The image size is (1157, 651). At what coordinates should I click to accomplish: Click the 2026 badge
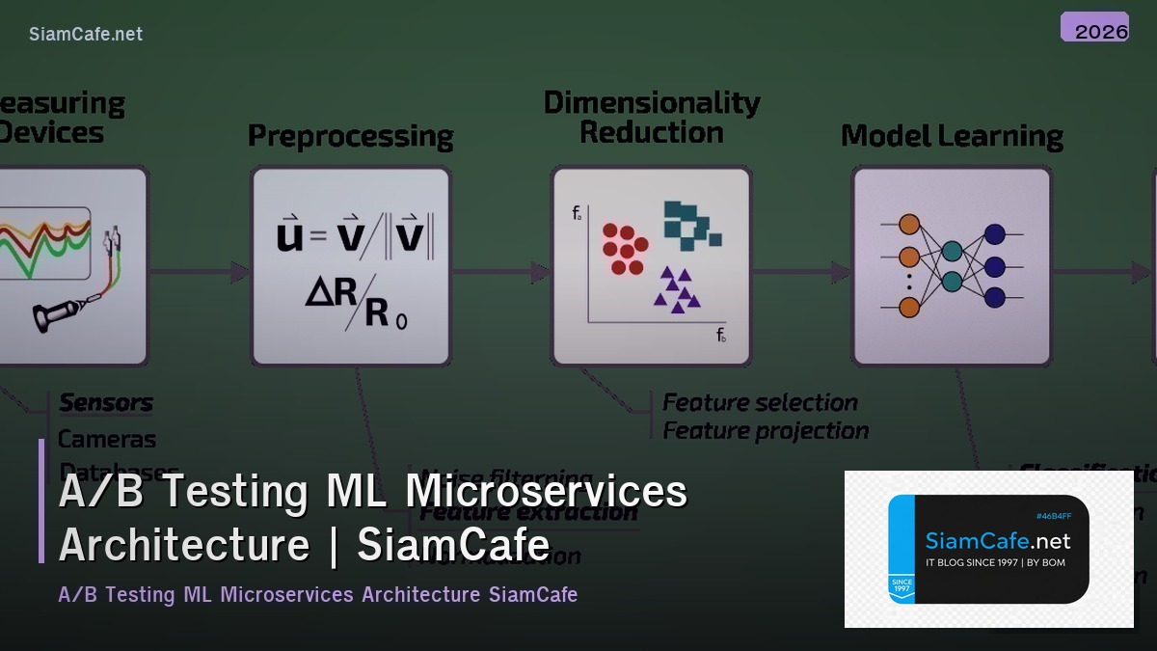tap(1094, 28)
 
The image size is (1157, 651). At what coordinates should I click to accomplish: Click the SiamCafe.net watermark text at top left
tap(86, 34)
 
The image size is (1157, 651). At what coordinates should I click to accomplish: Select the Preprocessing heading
tap(350, 136)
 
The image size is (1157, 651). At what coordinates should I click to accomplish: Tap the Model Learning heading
tap(952, 136)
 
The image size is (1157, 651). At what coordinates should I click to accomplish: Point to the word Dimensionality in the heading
tap(652, 102)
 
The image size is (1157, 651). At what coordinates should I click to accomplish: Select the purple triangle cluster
tap(677, 288)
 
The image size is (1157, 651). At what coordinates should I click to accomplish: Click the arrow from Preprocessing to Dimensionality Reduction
tap(500, 273)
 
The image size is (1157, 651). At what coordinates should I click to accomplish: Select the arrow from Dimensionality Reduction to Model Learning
tap(801, 273)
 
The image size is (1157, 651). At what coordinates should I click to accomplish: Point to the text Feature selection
tap(760, 402)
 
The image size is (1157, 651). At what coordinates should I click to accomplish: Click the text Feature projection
tap(766, 431)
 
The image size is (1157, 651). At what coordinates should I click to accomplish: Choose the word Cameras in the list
tap(106, 439)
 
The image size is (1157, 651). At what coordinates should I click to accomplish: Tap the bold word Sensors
tap(106, 402)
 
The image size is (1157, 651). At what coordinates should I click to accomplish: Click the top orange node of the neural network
tap(908, 225)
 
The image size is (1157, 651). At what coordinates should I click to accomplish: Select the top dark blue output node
tap(994, 234)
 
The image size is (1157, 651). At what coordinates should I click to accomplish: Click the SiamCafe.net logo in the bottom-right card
tap(997, 541)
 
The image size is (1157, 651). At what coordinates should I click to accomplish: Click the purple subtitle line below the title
tap(317, 594)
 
